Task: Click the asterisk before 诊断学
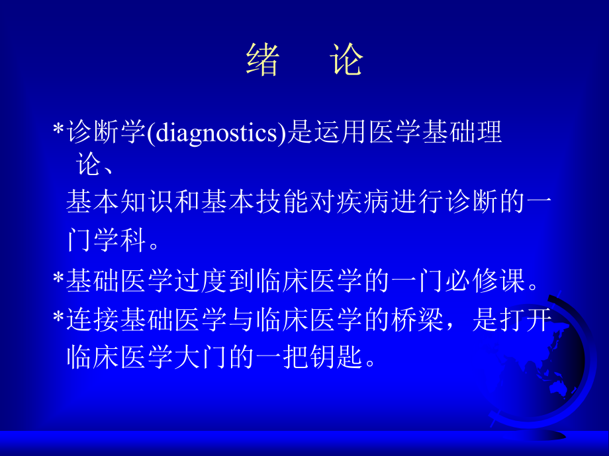[x=58, y=133]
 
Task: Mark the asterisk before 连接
[x=58, y=319]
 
